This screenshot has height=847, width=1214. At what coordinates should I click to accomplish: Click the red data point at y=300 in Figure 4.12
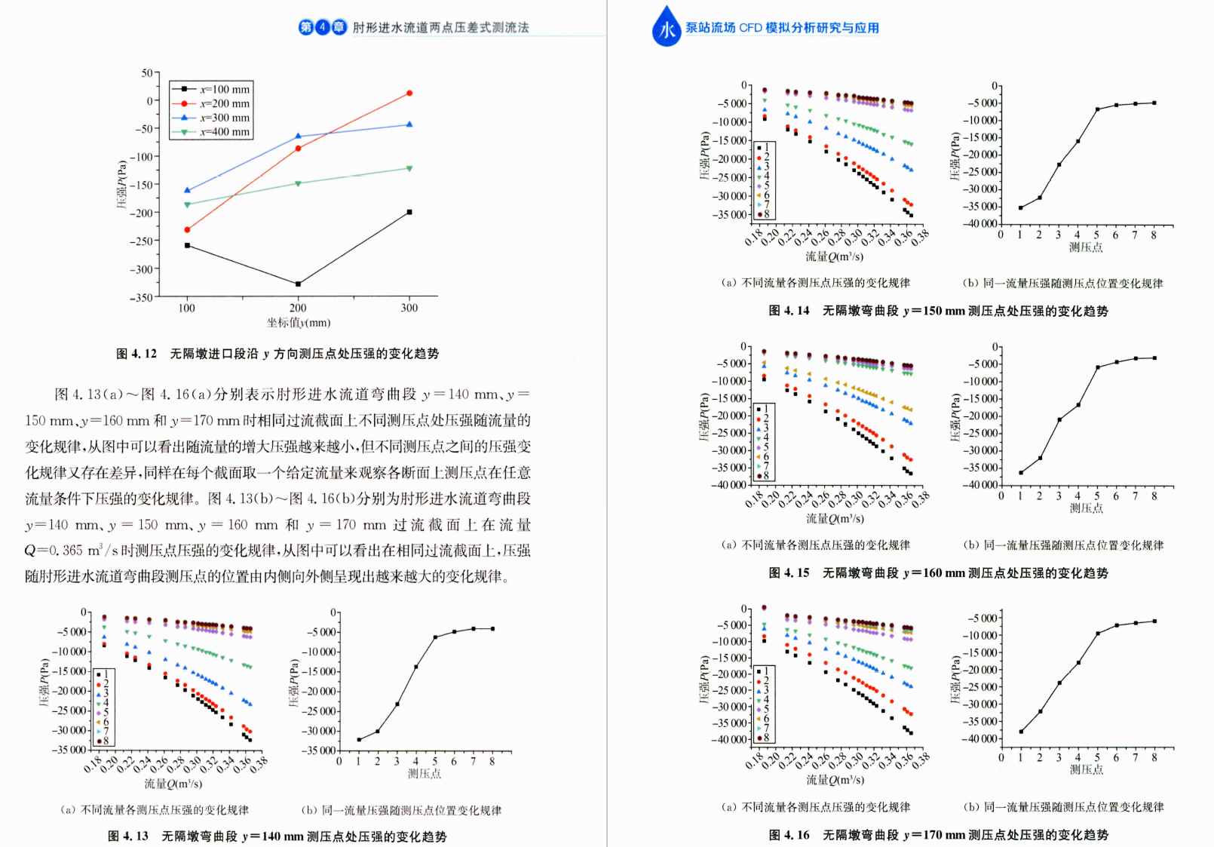tap(409, 93)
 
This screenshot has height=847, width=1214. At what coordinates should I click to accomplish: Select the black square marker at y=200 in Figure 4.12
tap(298, 284)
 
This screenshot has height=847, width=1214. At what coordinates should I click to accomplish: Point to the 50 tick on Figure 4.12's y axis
tap(147, 73)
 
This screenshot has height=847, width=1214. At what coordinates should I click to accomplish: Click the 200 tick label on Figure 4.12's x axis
tap(298, 308)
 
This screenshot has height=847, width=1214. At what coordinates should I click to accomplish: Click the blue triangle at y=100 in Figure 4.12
tap(187, 190)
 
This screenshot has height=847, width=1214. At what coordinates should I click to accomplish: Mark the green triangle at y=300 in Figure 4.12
tap(409, 168)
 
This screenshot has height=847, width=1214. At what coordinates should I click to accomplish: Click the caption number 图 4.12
tap(136, 354)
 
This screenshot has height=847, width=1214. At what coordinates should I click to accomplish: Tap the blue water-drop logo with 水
tap(667, 28)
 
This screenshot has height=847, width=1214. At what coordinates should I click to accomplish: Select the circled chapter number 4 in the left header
tap(323, 28)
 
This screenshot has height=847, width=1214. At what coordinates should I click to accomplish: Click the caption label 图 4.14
tap(789, 311)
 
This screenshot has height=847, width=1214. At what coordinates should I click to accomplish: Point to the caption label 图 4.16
tap(789, 835)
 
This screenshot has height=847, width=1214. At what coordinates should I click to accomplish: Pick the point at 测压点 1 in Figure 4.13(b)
tap(359, 739)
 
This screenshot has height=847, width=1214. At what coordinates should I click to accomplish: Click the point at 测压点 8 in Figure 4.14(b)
tap(1154, 103)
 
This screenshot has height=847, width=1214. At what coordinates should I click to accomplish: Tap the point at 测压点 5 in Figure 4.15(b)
tap(1097, 367)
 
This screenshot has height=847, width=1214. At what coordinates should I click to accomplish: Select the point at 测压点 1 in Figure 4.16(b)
tap(1021, 732)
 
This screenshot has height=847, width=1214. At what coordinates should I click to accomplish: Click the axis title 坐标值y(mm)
tap(299, 323)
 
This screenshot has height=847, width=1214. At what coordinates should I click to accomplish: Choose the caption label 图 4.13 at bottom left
tap(127, 836)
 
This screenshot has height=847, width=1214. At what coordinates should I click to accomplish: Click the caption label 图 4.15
tap(789, 573)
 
